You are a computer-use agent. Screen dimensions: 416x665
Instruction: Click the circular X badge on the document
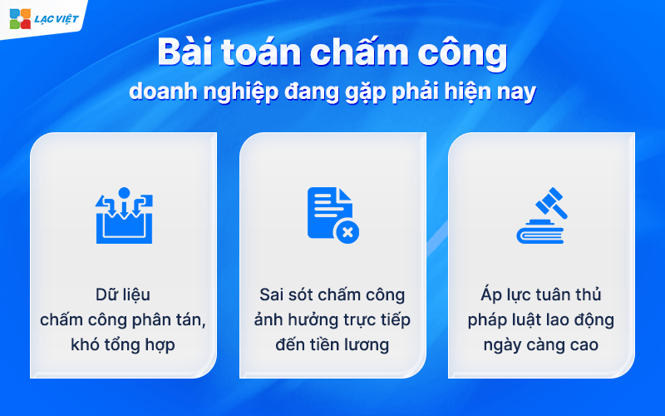[x=346, y=231]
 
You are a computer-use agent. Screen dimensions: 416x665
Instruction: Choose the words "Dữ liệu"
[x=123, y=295]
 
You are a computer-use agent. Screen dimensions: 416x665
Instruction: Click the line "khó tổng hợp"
[x=123, y=345]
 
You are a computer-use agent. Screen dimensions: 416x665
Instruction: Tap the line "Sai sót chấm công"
[x=332, y=295]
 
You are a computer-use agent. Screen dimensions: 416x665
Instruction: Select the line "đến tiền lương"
[x=332, y=345]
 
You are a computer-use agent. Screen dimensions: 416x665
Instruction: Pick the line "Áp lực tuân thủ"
[x=540, y=295]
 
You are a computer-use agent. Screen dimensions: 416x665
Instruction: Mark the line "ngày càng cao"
[x=540, y=345]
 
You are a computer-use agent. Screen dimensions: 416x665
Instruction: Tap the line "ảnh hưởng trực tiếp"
[x=332, y=320]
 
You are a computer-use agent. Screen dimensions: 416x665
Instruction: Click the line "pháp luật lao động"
[x=540, y=320]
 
